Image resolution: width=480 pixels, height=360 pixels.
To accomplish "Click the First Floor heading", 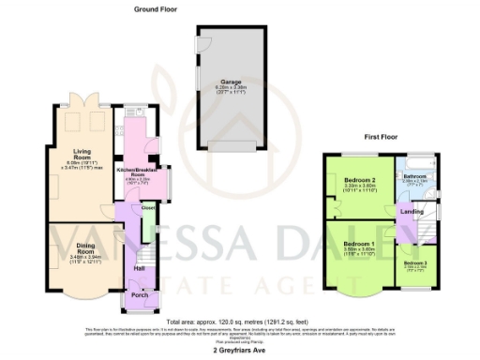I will pyautogui.click(x=382, y=137).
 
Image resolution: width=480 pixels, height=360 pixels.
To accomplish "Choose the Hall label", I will pyautogui.click(x=139, y=269).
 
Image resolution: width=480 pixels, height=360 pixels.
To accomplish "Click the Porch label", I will pyautogui.click(x=139, y=294).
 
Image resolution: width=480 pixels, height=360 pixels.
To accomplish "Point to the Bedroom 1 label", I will pyautogui.click(x=358, y=245).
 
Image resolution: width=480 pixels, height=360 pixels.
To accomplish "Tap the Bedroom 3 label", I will pyautogui.click(x=415, y=264).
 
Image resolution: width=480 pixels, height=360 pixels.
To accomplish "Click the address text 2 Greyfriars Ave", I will pyautogui.click(x=240, y=351).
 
